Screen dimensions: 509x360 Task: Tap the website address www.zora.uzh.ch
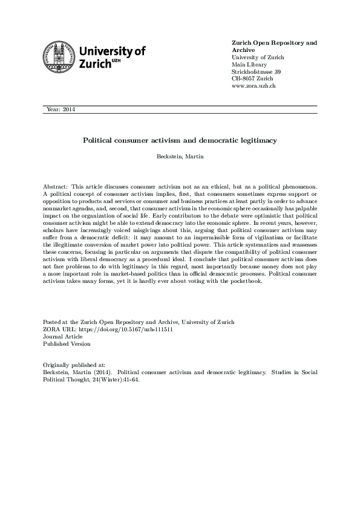click(254, 86)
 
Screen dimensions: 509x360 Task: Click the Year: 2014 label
click(61, 109)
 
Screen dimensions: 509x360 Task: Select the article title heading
click(180, 140)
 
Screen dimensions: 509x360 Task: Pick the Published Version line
click(67, 344)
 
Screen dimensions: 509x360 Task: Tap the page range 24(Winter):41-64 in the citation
click(116, 380)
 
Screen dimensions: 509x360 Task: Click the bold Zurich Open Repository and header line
click(274, 43)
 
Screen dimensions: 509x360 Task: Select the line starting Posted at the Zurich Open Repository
click(139, 322)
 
